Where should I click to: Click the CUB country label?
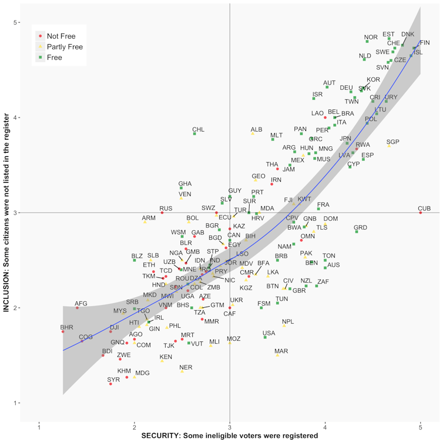tap(424, 209)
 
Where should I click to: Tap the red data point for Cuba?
tap(421, 212)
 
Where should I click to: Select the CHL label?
tap(199, 129)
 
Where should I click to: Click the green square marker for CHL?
tap(194, 133)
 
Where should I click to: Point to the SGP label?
tap(392, 142)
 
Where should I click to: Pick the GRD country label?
tap(360, 227)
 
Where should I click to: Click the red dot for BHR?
tap(63, 331)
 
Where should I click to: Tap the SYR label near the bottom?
tap(113, 380)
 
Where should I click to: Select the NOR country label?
tap(371, 38)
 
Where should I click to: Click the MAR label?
tap(281, 351)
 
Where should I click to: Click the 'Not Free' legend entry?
tap(61, 36)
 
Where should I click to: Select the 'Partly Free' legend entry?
tap(64, 47)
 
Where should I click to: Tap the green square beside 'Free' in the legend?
tap(40, 58)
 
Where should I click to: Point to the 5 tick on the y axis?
tap(14, 22)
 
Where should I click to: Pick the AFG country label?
tap(81, 304)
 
